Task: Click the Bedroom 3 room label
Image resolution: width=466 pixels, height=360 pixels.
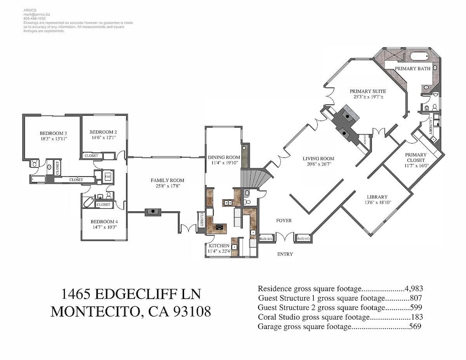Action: [53, 133]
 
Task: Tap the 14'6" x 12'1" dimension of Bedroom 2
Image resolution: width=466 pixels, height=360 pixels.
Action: [104, 137]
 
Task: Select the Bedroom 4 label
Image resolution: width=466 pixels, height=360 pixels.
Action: [104, 222]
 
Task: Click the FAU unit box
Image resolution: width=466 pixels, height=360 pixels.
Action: [108, 177]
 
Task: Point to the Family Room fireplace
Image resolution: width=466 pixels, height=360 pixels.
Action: [153, 212]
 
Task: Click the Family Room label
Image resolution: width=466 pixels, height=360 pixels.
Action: [167, 180]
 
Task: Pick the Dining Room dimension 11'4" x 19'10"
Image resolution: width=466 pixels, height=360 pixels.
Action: [224, 163]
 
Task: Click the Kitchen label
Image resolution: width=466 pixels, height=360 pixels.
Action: [219, 246]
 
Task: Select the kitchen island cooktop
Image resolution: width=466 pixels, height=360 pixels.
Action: [219, 227]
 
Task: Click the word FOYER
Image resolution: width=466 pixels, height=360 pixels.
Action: [284, 221]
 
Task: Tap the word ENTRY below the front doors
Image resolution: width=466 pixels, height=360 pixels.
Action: [285, 254]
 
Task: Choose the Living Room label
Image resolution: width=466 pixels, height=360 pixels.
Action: [318, 159]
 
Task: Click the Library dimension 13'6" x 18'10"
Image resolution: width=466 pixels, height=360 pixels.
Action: [378, 202]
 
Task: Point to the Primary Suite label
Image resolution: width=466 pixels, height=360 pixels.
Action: [368, 91]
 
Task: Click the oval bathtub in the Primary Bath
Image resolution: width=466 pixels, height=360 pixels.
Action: [420, 56]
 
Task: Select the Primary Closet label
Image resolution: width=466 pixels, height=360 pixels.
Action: [416, 157]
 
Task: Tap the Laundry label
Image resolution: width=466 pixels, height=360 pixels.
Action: [430, 126]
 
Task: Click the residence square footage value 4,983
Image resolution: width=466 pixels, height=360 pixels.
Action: [414, 289]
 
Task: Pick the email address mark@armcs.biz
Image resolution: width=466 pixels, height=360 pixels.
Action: [37, 15]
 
